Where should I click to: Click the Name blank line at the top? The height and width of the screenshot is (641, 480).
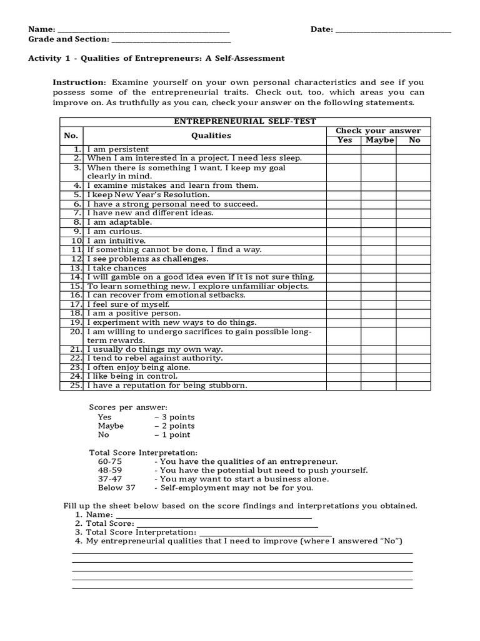[x=143, y=31]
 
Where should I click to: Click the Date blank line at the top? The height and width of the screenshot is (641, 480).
[x=393, y=31]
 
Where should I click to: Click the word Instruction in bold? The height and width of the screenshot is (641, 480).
[x=79, y=82]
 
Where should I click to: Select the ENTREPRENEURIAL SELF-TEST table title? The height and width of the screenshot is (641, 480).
[x=245, y=121]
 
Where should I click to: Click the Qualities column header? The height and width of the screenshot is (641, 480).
[x=211, y=135]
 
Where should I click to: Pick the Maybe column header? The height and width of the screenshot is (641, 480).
[x=379, y=140]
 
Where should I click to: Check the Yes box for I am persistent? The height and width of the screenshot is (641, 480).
[x=343, y=150]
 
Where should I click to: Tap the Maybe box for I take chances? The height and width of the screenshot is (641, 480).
[x=379, y=268]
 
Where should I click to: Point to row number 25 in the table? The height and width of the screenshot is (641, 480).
[x=76, y=386]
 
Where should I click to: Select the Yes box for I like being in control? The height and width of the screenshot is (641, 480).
[x=343, y=376]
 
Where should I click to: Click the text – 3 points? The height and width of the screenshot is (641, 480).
[x=174, y=417]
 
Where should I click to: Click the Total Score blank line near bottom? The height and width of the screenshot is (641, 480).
[x=226, y=523]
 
